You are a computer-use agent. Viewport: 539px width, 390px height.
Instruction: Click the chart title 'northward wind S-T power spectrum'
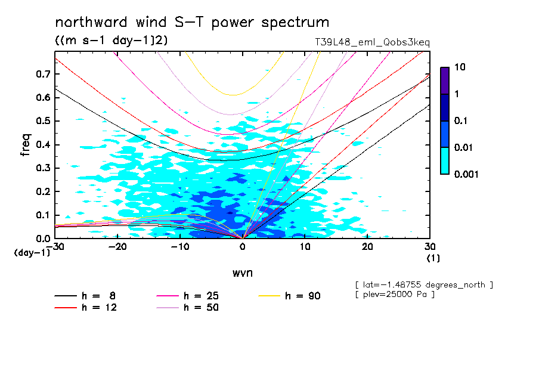tap(192, 23)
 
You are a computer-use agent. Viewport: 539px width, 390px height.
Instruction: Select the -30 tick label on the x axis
tap(55, 247)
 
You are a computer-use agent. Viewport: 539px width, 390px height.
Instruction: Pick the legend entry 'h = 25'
tap(203, 295)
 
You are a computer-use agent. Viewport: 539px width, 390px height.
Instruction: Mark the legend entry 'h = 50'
tap(203, 307)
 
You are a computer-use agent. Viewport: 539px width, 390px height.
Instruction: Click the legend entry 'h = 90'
tap(304, 295)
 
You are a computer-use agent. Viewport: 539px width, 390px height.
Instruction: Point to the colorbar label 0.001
tap(467, 174)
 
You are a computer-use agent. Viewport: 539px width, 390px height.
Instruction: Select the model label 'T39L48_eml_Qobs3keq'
tap(372, 42)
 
